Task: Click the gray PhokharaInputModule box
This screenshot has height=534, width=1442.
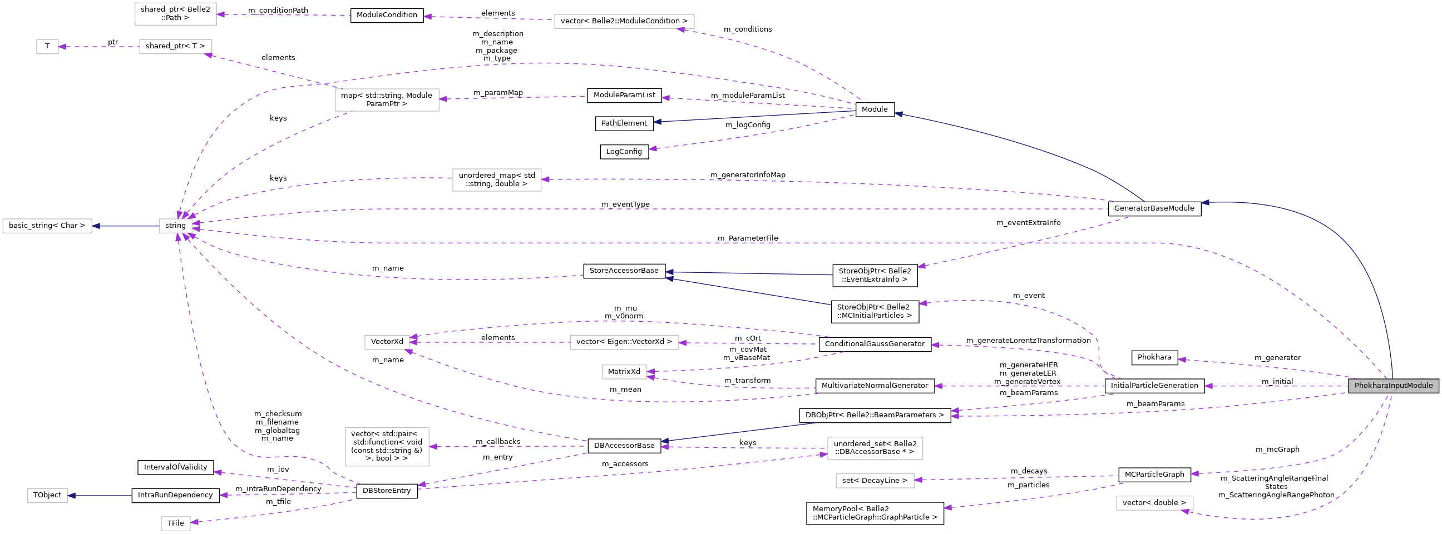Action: (1392, 385)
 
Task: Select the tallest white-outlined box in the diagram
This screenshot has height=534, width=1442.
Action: (387, 446)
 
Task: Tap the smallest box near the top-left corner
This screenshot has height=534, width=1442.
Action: (48, 47)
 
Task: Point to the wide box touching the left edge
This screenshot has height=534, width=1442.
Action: (47, 226)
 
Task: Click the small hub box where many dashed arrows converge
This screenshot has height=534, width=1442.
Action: (175, 226)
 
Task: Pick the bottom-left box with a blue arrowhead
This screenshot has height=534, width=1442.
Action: (47, 496)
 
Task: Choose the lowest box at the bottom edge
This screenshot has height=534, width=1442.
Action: (175, 523)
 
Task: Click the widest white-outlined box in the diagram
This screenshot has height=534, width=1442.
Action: (624, 21)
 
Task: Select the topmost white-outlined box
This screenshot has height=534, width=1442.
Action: (175, 14)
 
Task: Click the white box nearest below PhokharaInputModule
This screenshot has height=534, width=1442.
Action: (1154, 503)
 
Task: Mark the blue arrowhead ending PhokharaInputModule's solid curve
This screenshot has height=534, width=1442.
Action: (1205, 202)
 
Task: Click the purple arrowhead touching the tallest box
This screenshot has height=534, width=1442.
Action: (433, 446)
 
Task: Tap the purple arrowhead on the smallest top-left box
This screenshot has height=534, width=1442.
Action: (62, 47)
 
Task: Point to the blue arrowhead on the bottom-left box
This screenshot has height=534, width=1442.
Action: (71, 496)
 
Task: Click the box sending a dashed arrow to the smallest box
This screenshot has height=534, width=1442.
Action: (175, 47)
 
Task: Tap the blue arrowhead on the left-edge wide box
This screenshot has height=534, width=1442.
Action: (96, 226)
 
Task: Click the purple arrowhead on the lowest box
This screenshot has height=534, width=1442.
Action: (194, 522)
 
